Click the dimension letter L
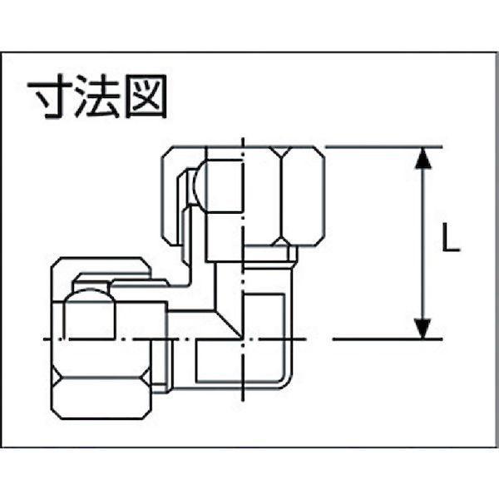point(451,237)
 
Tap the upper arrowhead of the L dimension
point(423,158)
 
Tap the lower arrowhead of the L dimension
point(423,329)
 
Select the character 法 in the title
point(97,96)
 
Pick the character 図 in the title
point(146,96)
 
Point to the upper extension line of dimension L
point(383,147)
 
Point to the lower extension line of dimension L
point(388,339)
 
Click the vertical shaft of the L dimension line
point(423,243)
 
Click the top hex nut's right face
point(304,196)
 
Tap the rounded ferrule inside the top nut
point(219,185)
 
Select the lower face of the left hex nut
point(101,398)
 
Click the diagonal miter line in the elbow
point(228,324)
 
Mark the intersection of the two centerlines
point(243,339)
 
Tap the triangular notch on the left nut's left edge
point(56,377)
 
